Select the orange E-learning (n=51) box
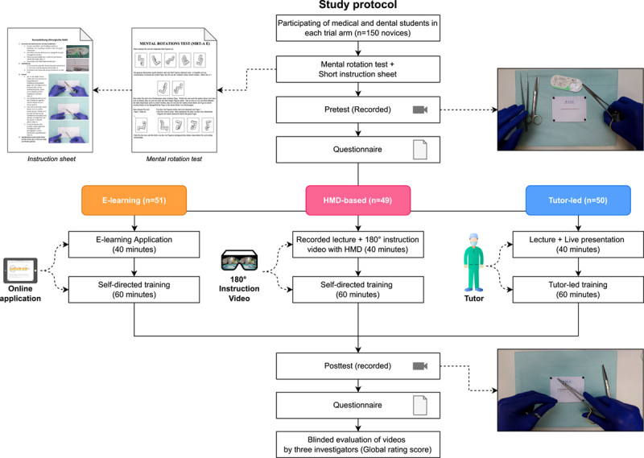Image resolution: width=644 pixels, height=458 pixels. (x=134, y=200)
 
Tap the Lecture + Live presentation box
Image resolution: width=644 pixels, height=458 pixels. (x=562, y=243)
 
